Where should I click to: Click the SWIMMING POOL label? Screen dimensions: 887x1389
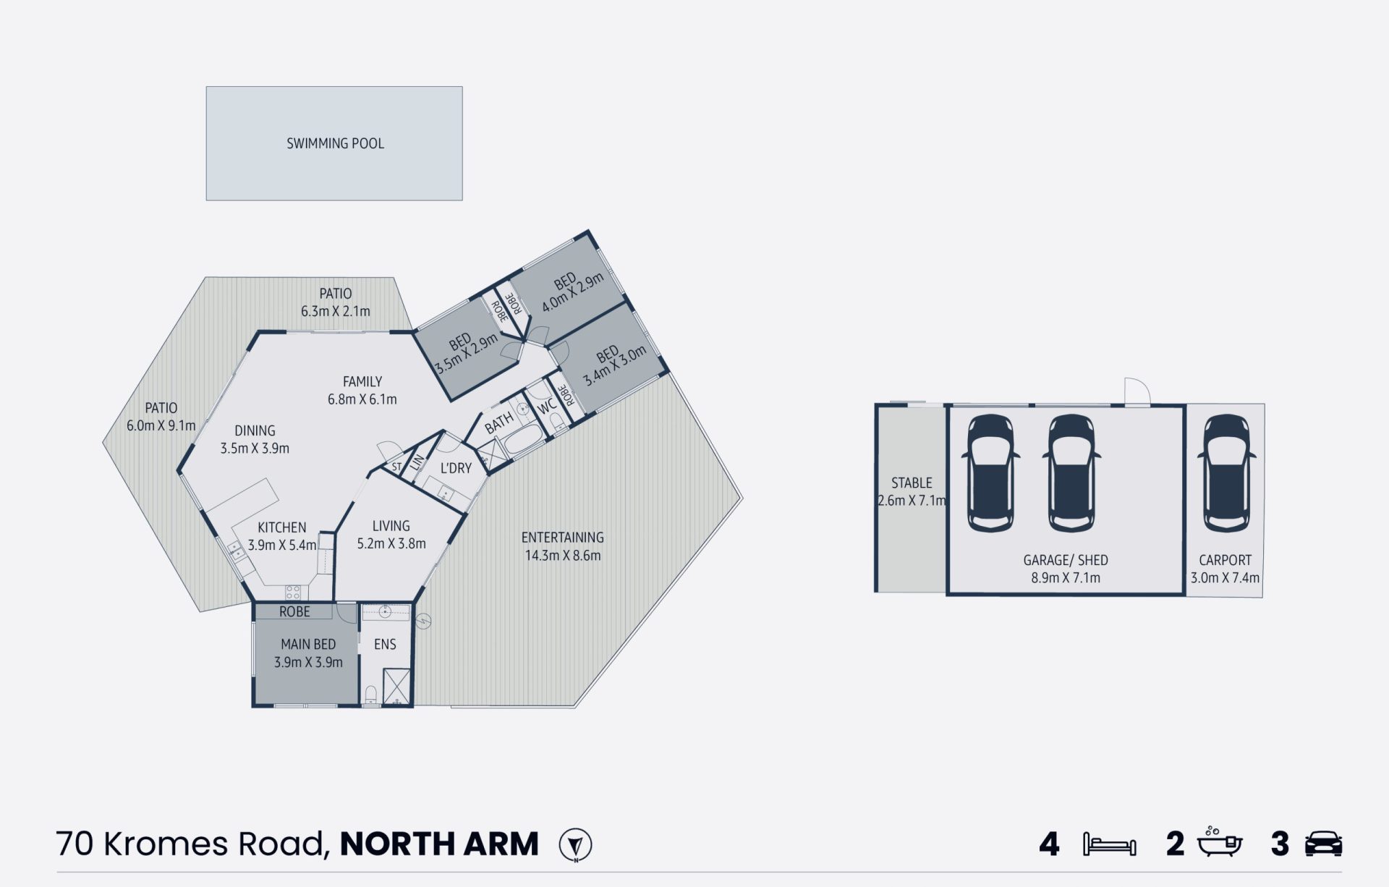pos(335,143)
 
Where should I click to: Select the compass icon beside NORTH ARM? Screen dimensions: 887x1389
pos(576,844)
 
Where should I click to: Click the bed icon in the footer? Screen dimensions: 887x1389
pos(1109,844)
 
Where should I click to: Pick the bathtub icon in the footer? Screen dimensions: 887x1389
pos(1220,843)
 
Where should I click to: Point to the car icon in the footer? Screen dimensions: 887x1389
pos(1323,844)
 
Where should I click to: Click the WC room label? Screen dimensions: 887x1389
pos(547,405)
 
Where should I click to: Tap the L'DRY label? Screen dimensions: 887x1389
pos(456,468)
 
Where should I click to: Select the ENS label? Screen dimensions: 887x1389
pos(385,644)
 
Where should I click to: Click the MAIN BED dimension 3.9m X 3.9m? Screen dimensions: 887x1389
pos(308,662)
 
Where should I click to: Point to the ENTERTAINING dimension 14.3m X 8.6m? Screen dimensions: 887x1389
pos(563,556)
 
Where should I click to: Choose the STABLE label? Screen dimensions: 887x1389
pos(912,483)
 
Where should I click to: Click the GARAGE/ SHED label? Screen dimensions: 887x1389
pos(1066,560)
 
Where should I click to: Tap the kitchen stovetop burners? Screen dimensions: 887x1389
pos(292,593)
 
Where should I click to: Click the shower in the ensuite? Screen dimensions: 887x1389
pos(396,686)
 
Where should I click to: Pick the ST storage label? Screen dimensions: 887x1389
pos(396,467)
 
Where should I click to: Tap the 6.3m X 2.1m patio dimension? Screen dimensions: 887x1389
pos(336,311)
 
